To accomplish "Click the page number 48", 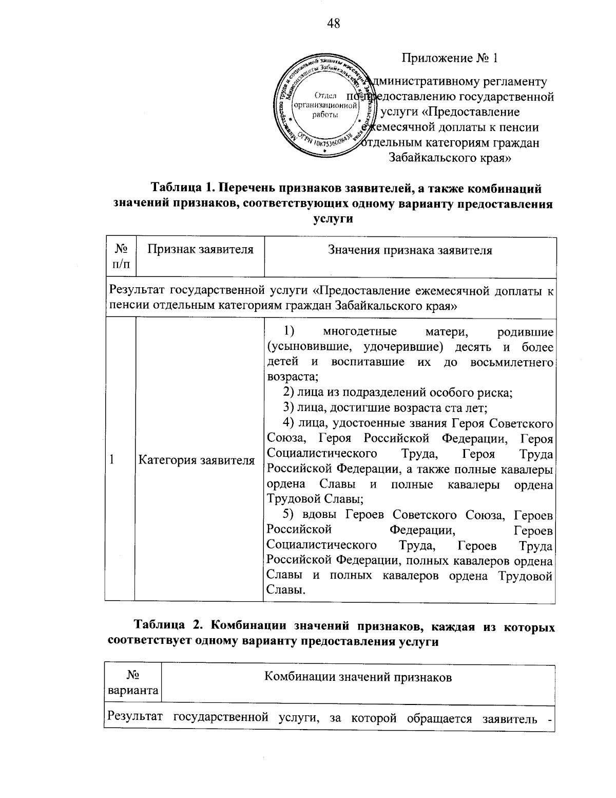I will coord(333,24).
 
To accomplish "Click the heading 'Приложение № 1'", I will coord(450,58).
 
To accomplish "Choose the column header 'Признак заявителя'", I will coord(200,250).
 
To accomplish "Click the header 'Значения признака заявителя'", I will coord(410,251).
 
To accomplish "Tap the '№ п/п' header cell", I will coord(121,256).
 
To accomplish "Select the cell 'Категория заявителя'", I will coord(197,460).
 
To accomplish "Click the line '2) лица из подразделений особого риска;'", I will coord(398,393).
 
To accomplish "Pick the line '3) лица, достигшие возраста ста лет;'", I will coord(385,409).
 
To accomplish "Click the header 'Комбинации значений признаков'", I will coord(358,677).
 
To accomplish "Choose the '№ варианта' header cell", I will coord(132,683).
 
